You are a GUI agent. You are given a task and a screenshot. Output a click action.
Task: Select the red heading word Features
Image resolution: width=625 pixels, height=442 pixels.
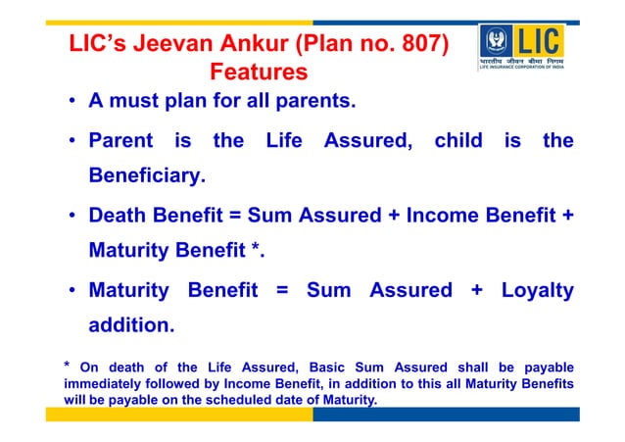point(260,73)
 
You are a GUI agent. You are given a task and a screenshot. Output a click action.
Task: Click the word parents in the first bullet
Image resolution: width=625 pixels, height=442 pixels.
point(314,102)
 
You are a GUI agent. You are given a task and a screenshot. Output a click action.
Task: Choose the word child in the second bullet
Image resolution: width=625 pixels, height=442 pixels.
point(458,141)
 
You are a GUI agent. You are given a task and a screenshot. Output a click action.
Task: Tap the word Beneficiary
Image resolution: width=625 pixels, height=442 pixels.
point(147,177)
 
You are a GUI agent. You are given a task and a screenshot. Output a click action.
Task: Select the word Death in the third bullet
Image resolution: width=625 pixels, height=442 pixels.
point(120,215)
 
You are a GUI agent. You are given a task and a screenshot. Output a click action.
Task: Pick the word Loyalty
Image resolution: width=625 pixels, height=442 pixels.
point(537,290)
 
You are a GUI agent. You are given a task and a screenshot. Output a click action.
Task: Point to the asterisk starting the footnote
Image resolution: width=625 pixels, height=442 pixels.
point(67,367)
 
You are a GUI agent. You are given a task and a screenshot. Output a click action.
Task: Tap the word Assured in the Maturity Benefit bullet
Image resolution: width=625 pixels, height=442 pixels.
point(411,290)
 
